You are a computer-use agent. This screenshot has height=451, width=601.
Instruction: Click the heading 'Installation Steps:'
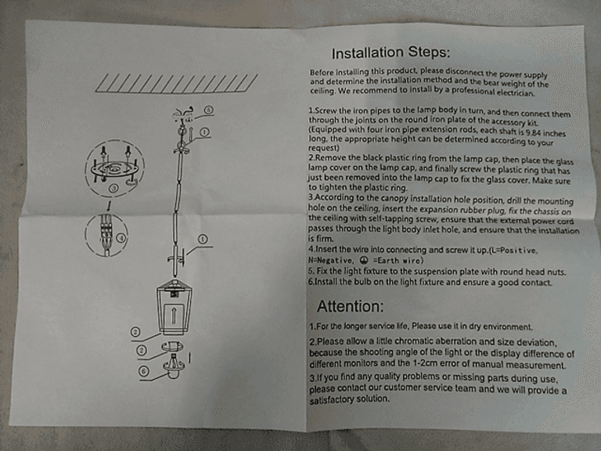point(390,52)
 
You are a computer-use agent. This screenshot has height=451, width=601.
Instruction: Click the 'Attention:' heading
point(350,306)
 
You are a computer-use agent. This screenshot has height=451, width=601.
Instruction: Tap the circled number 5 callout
point(208,110)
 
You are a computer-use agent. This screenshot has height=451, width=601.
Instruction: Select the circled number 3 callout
point(113,188)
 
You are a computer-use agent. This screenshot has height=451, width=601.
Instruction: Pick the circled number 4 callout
point(121,238)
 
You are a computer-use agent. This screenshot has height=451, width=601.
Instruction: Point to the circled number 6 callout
point(144,371)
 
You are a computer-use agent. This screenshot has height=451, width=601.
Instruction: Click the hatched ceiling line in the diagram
point(176,84)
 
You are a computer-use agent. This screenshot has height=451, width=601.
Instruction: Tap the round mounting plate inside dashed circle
point(113,169)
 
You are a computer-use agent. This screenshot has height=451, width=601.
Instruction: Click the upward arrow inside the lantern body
point(173,315)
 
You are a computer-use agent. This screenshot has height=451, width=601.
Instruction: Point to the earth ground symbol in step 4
point(365,261)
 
